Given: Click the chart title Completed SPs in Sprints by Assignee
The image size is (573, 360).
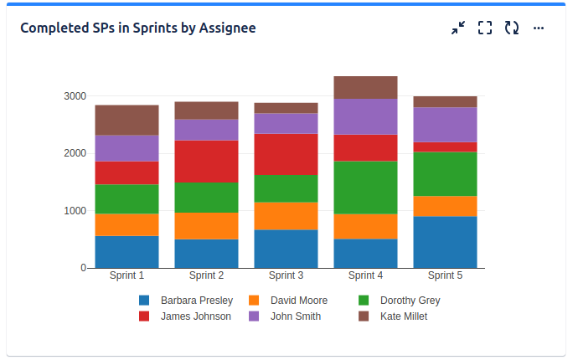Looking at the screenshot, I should pyautogui.click(x=137, y=28).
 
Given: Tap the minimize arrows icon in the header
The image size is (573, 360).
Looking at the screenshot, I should pyautogui.click(x=457, y=28).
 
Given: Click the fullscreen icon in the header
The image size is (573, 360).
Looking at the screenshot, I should pyautogui.click(x=484, y=28).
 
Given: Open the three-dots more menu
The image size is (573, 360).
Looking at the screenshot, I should pyautogui.click(x=539, y=28).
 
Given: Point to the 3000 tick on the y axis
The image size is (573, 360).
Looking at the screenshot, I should pyautogui.click(x=75, y=96).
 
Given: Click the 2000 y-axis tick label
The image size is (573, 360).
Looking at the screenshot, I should pyautogui.click(x=75, y=153).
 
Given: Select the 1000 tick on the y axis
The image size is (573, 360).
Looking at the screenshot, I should pyautogui.click(x=75, y=211).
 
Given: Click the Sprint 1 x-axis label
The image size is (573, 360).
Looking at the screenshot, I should pyautogui.click(x=126, y=275).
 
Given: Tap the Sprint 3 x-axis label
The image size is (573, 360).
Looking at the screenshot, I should pyautogui.click(x=286, y=275).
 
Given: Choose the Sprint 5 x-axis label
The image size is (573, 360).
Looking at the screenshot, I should pyautogui.click(x=445, y=275).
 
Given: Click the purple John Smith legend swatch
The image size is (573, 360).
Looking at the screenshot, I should pyautogui.click(x=254, y=316).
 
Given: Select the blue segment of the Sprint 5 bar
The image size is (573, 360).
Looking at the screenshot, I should pyautogui.click(x=445, y=242).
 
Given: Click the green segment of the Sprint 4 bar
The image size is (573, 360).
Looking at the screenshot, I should pyautogui.click(x=365, y=187).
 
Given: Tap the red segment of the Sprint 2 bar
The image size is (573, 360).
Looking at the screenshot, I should pyautogui.click(x=206, y=161).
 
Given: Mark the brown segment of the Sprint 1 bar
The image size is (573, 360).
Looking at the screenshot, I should pyautogui.click(x=126, y=120).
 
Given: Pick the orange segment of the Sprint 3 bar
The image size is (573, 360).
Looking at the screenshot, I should pyautogui.click(x=286, y=215).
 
